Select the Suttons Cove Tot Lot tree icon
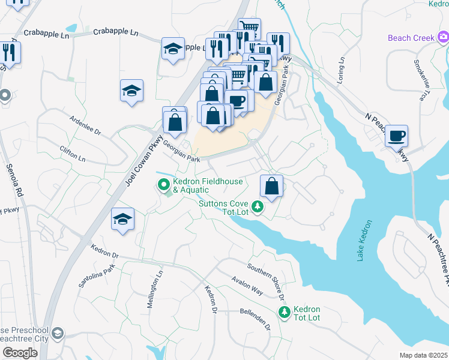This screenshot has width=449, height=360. coord(258,207)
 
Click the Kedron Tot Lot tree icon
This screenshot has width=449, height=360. coord(284,312)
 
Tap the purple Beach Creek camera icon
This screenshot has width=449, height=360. coord(442,38)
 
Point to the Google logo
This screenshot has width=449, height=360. coord(19,352)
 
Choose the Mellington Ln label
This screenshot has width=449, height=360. coord(155,289)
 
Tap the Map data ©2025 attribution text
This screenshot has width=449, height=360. coord(423,355)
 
